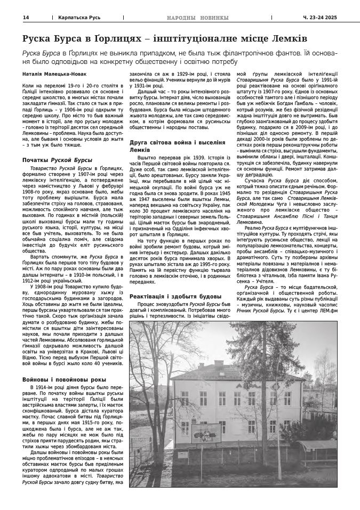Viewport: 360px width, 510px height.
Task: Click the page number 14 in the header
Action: (x=26, y=18)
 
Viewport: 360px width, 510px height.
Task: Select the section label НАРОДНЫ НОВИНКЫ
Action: (x=197, y=18)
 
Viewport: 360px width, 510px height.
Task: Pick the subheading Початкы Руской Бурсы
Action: (x=58, y=160)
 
